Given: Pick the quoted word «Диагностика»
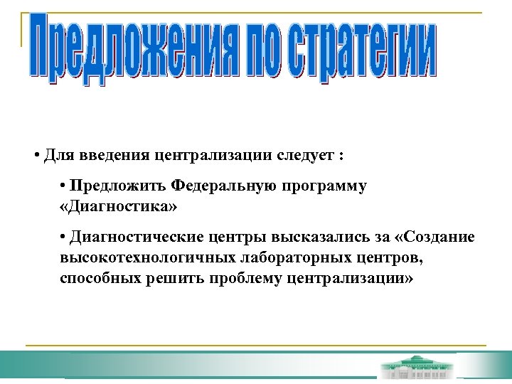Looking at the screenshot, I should click(x=117, y=208).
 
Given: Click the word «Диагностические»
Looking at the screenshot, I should click(x=132, y=237).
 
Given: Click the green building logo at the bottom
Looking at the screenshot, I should click(x=416, y=366).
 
